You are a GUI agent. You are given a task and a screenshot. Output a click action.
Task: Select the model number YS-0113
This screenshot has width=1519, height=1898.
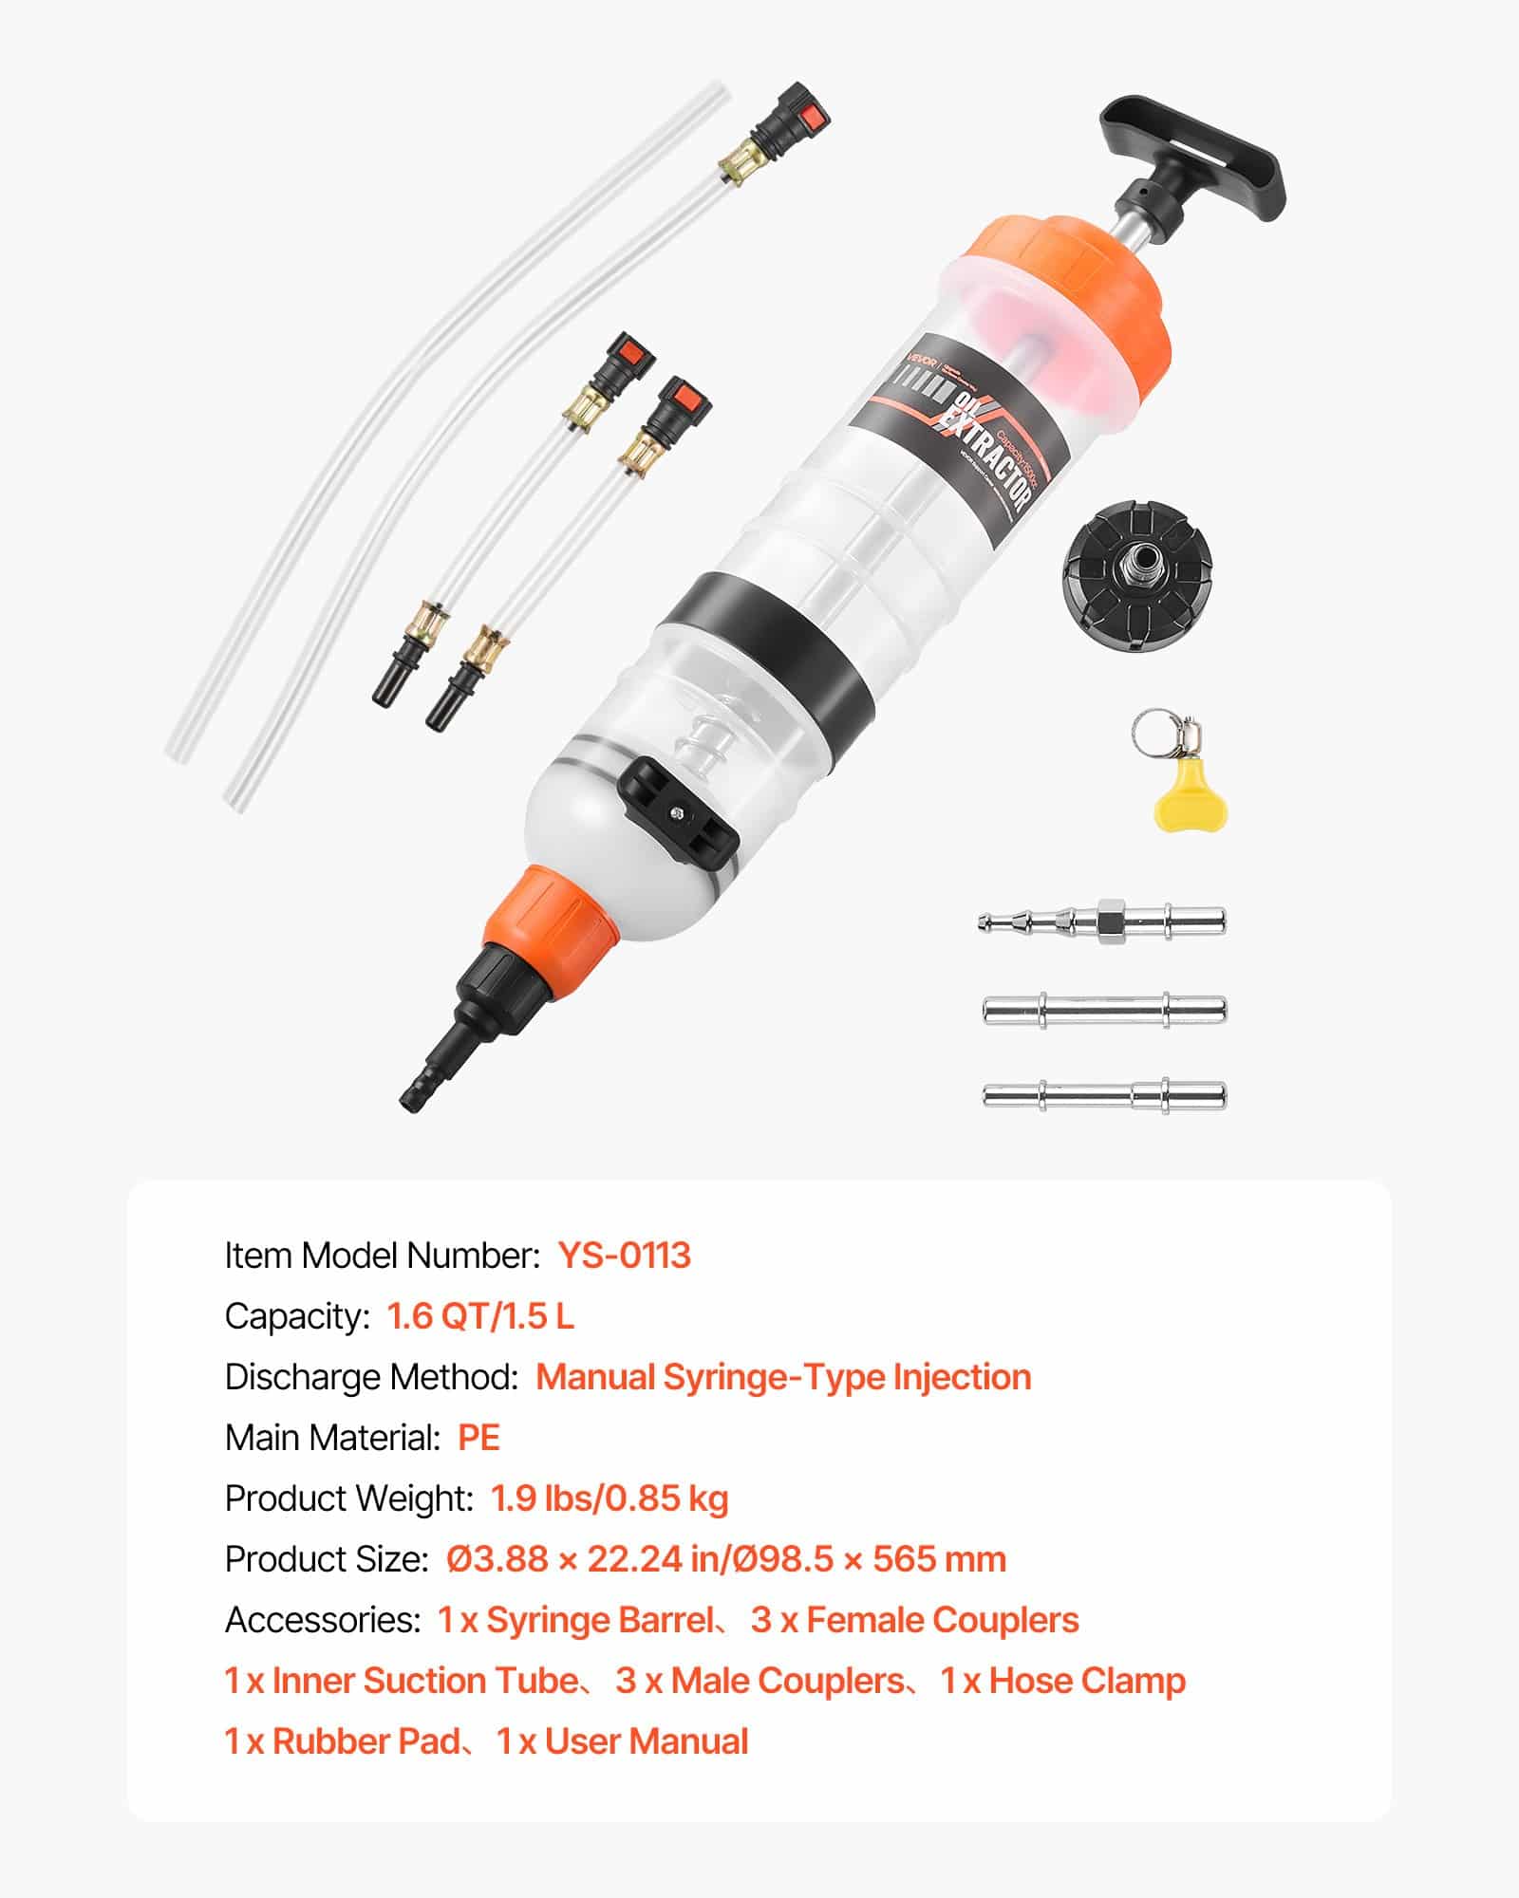click(624, 1255)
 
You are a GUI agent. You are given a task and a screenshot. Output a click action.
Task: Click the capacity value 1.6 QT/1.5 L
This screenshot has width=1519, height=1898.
click(480, 1316)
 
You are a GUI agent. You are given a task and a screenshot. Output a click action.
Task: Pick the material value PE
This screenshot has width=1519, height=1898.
click(478, 1438)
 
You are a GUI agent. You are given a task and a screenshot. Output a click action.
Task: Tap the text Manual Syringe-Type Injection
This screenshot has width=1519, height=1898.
click(783, 1377)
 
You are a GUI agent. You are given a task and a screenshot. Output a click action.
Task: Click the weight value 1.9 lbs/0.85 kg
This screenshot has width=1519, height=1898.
click(609, 1498)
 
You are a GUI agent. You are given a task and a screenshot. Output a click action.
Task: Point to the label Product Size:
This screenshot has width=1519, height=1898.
click(327, 1559)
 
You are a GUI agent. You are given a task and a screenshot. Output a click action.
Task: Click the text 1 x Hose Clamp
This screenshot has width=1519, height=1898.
click(1063, 1681)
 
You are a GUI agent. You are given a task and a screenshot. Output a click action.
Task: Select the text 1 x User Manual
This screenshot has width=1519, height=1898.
click(623, 1741)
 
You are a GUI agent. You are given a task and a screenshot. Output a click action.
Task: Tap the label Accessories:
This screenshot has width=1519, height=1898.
click(322, 1620)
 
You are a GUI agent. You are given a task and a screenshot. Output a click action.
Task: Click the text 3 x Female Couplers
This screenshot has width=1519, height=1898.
click(914, 1620)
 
